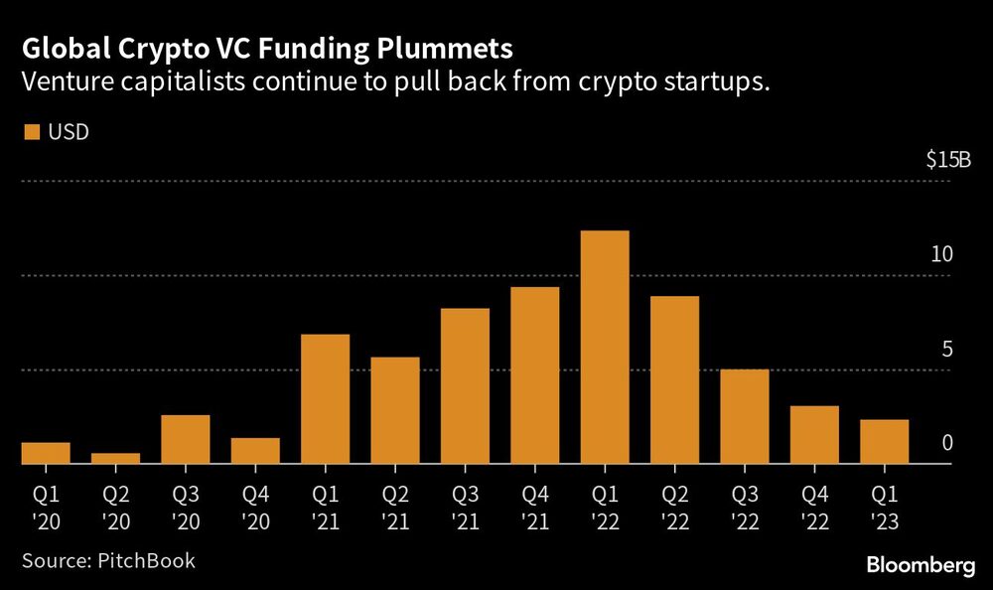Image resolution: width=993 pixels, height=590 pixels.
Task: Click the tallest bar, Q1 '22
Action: pyautogui.click(x=605, y=348)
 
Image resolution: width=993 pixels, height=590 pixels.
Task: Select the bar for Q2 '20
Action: pyautogui.click(x=115, y=459)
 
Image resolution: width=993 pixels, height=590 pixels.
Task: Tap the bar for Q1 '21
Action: pyautogui.click(x=325, y=399)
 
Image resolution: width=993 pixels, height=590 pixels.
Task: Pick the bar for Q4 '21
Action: pyautogui.click(x=534, y=375)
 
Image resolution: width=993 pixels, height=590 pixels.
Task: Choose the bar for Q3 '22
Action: pyautogui.click(x=745, y=417)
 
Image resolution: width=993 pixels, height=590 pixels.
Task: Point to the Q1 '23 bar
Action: pyautogui.click(x=884, y=442)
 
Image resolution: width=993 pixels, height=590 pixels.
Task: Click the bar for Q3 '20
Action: pyautogui.click(x=186, y=439)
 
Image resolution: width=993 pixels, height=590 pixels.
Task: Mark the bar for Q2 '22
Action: pyautogui.click(x=674, y=380)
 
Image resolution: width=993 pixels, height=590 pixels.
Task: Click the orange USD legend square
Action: pyautogui.click(x=30, y=132)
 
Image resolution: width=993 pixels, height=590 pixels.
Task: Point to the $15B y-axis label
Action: pyautogui.click(x=947, y=160)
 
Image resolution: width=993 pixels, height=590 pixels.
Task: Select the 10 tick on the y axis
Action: pyautogui.click(x=942, y=254)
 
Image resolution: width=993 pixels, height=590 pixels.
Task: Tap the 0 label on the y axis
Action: pyautogui.click(x=947, y=443)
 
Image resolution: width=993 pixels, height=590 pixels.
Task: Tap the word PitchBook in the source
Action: pyautogui.click(x=146, y=560)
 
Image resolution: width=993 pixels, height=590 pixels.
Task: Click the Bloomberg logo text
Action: pyautogui.click(x=921, y=564)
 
